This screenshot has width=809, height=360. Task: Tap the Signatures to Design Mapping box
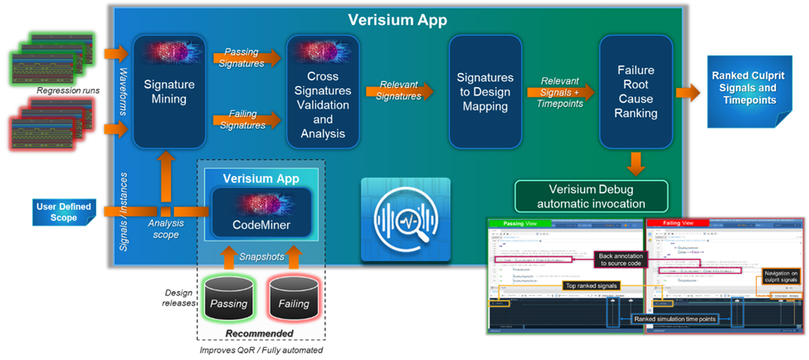tap(485, 90)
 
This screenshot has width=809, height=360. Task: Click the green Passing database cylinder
tap(228, 300)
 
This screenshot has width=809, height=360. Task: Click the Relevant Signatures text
tap(398, 90)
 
